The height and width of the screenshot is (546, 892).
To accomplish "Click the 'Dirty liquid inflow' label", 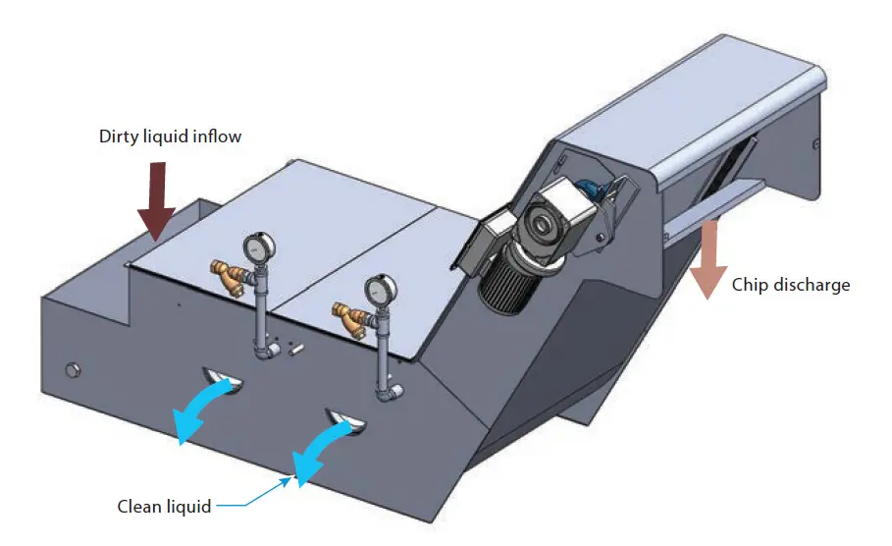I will [170, 136].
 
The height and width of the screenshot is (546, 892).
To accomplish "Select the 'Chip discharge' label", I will [791, 285].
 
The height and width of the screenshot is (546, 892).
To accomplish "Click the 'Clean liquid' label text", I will [164, 507].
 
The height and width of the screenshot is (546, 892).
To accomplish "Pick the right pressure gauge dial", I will [377, 291].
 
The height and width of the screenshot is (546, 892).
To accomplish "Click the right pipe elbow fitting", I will [391, 392].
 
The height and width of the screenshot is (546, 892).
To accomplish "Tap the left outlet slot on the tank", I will [222, 376].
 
